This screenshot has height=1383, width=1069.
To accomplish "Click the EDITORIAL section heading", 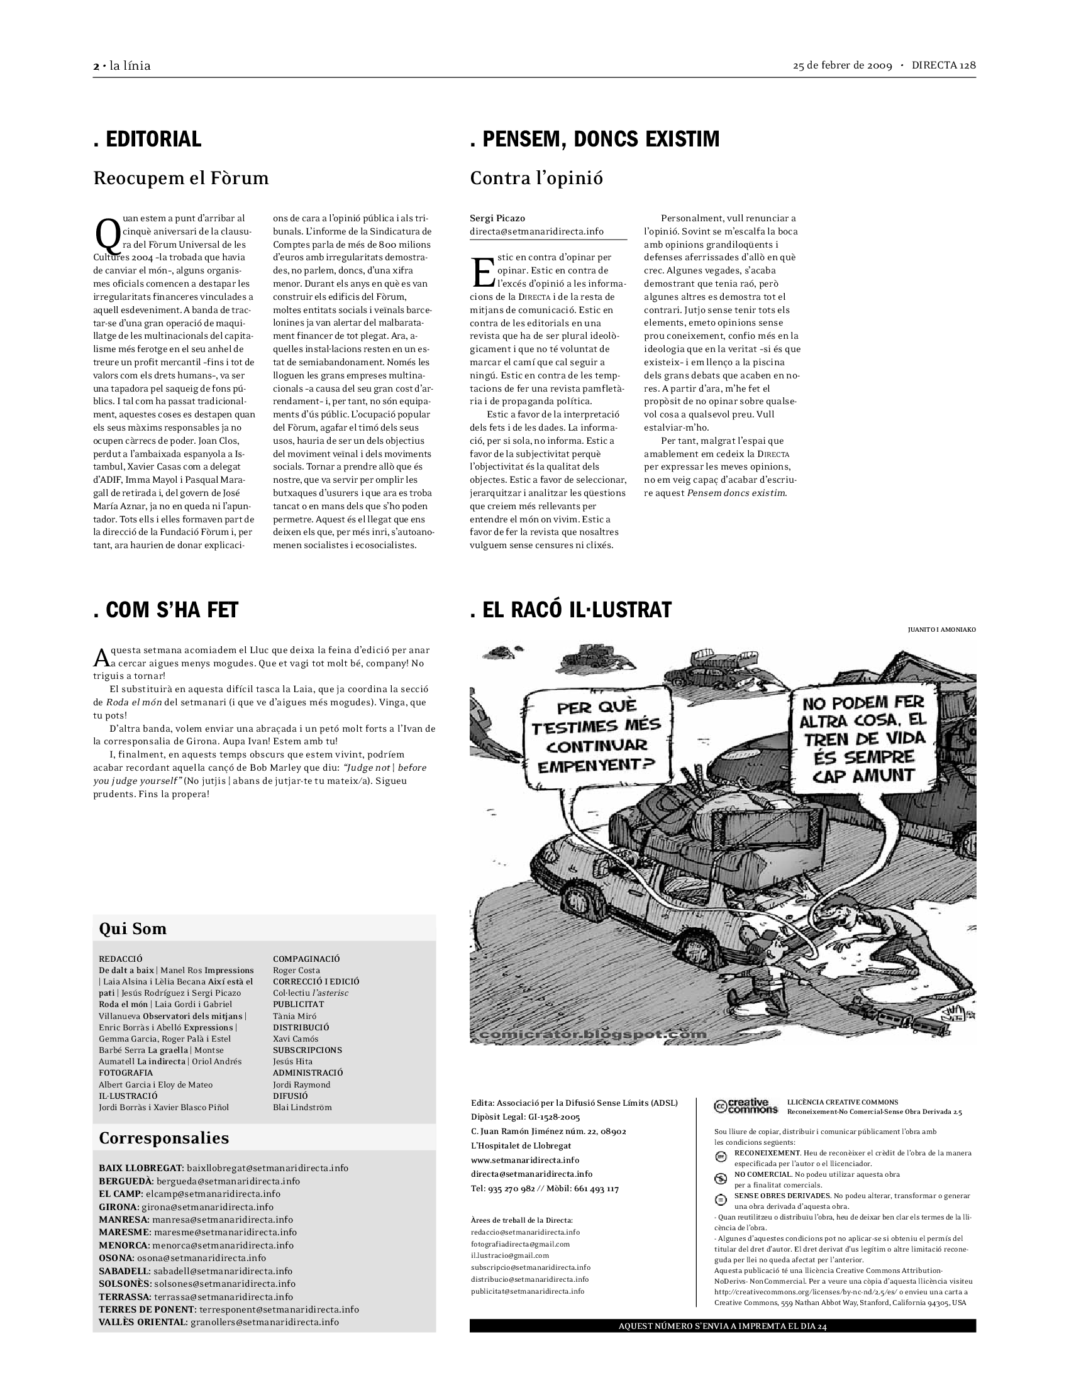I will click(x=148, y=140).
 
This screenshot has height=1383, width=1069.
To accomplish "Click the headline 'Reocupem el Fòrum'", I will click(x=181, y=179).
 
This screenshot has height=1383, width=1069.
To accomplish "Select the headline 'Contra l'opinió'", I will click(x=536, y=179).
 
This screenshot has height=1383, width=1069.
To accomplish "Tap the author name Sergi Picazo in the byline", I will click(x=497, y=219).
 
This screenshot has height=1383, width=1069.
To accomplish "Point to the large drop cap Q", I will click(x=106, y=235).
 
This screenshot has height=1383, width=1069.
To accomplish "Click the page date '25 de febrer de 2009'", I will click(x=842, y=66).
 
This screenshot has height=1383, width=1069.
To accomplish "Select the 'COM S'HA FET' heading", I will click(x=166, y=610).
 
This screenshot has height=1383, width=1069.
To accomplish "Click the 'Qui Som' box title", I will click(x=133, y=929).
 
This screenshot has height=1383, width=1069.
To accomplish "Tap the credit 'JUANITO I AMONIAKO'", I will click(x=941, y=630).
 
